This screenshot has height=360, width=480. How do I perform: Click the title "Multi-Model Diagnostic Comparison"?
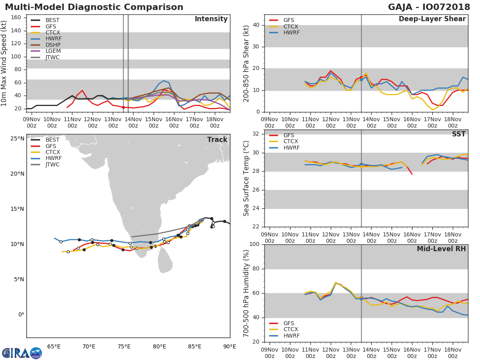[94, 7]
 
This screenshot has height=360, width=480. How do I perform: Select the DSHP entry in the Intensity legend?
[53, 45]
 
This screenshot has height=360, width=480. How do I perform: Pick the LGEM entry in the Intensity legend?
[53, 51]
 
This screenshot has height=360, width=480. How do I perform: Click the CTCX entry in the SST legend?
[291, 142]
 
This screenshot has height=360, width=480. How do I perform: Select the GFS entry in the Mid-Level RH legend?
[291, 323]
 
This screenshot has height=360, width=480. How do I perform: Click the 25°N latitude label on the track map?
[17, 139]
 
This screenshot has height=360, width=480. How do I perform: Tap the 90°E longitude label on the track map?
[229, 346]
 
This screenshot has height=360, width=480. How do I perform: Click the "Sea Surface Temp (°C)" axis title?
[246, 178]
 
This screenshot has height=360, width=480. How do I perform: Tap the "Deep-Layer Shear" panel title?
[432, 19]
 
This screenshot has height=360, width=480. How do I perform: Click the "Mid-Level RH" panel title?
[441, 249]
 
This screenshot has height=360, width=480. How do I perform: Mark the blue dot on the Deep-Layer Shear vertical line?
[361, 80]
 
